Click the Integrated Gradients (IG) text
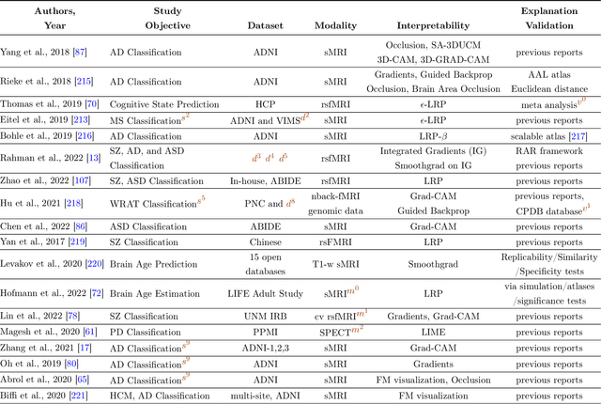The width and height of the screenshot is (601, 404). [x=435, y=151]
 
